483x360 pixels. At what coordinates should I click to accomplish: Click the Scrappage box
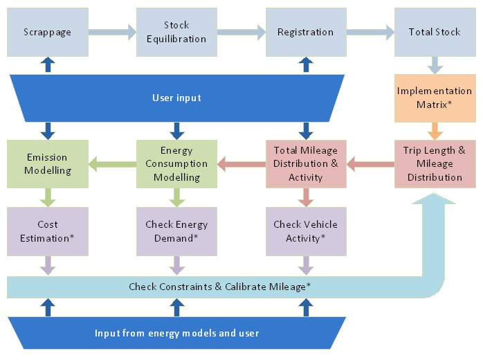pos(47,32)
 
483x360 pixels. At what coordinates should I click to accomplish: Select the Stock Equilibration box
pos(176,32)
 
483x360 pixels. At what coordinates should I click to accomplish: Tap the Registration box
pos(305,32)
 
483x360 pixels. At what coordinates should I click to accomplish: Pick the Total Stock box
pos(435,32)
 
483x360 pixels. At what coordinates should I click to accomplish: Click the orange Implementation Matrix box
pos(435,98)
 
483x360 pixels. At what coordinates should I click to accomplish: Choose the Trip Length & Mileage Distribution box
pos(435,163)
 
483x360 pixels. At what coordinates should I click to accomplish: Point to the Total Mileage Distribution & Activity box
pos(305,163)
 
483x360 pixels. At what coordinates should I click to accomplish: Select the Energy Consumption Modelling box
pos(176,163)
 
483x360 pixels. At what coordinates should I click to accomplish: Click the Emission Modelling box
pos(47,163)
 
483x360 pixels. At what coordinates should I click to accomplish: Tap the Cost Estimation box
pos(47,231)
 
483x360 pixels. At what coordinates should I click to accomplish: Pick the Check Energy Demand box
pos(176,231)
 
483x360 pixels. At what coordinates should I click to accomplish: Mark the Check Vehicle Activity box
pos(305,231)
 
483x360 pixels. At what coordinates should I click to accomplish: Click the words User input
pos(176,98)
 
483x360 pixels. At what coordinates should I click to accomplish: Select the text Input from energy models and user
pos(176,333)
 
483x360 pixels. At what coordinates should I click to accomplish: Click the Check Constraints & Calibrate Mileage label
pos(219,286)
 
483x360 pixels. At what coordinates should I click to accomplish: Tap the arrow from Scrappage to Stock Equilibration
pos(111,31)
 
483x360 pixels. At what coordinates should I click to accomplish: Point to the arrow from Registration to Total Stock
pos(370,31)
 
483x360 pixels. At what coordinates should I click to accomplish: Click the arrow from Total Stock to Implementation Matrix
pos(435,66)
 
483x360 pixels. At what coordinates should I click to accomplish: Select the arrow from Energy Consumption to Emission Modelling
pos(111,164)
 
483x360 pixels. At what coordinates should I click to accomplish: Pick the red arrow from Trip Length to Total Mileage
pos(370,164)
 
